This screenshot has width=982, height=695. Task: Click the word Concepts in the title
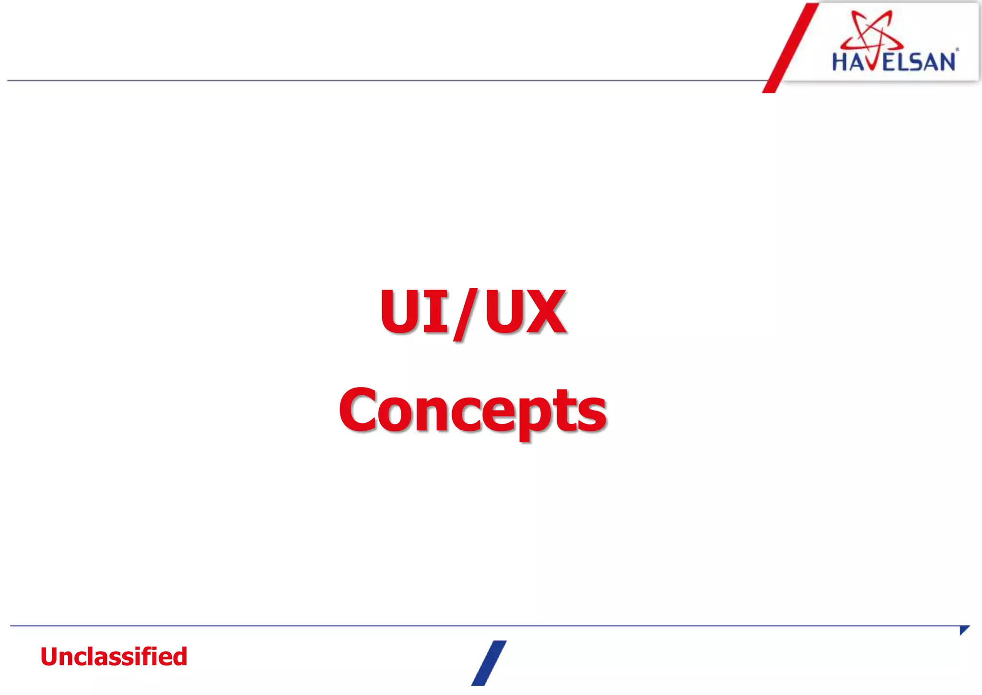click(473, 410)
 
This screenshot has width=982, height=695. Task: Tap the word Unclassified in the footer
click(114, 657)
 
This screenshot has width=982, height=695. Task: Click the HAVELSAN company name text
click(894, 62)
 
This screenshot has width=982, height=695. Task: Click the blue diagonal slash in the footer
click(489, 663)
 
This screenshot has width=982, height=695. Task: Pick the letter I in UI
click(435, 311)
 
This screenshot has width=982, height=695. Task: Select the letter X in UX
click(544, 311)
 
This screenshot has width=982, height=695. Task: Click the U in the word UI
click(401, 311)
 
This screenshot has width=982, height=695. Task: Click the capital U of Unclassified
click(51, 657)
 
